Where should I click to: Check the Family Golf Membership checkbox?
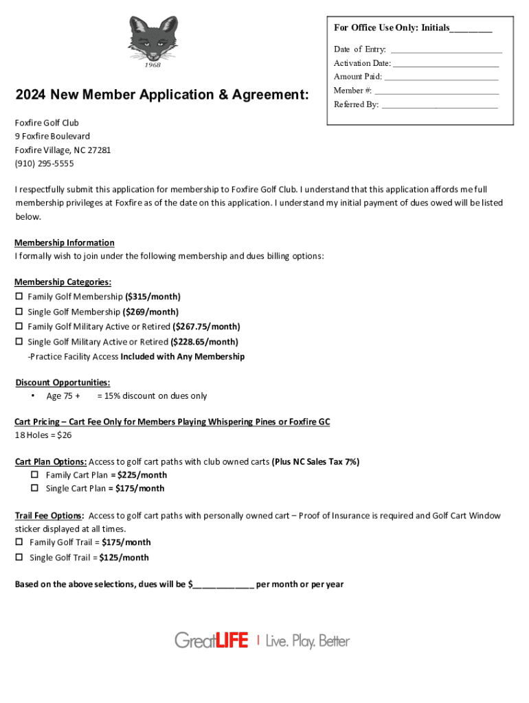pos(19,297)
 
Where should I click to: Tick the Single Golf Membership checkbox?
pos(19,312)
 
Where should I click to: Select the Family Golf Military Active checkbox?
pos(19,327)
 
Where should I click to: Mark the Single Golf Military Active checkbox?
pos(19,342)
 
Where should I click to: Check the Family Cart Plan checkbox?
pos(34,475)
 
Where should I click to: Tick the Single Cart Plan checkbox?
pos(34,489)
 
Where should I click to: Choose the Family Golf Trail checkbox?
pos(19,542)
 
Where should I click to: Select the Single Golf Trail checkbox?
pos(19,557)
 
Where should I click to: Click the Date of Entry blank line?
pos(446,50)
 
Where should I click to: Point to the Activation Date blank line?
pos(446,64)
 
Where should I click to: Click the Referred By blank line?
pos(439,105)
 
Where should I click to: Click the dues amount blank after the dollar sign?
pos(223,585)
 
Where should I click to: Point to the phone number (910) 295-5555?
pos(44,163)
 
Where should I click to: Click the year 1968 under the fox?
pos(153,65)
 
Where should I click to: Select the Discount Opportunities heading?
pos(63,382)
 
